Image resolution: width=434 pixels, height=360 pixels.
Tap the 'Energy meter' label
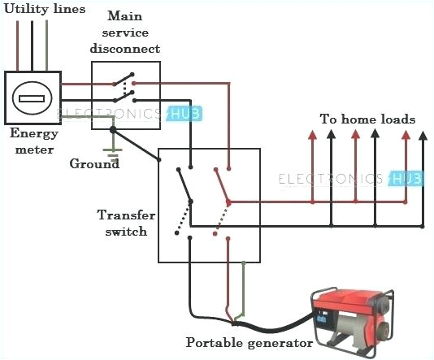pyautogui.click(x=33, y=143)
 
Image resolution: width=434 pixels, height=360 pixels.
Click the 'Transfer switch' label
pyautogui.click(x=123, y=223)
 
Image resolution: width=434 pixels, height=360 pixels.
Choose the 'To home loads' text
pyautogui.click(x=367, y=119)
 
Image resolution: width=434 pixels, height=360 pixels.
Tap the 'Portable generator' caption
pyautogui.click(x=250, y=343)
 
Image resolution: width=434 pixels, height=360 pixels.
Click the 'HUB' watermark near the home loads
pyautogui.click(x=402, y=178)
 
